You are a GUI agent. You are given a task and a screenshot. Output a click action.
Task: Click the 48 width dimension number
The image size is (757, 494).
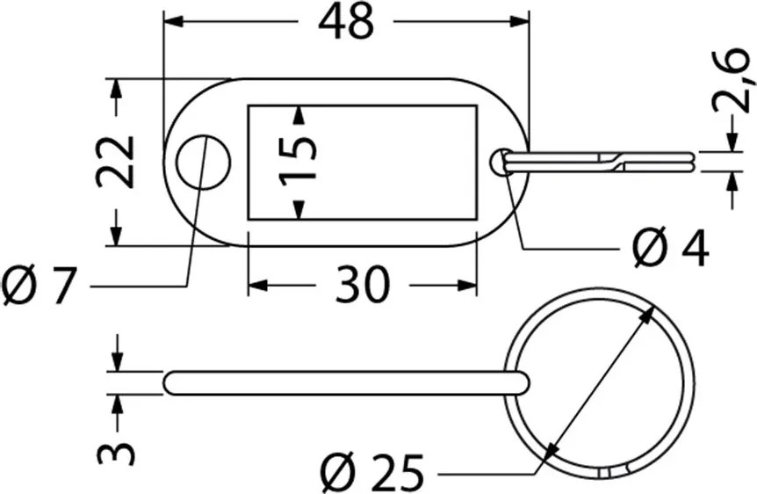[346, 22]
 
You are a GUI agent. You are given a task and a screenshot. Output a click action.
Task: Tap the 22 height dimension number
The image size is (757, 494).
[115, 162]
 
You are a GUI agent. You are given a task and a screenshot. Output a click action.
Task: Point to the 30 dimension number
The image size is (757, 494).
[362, 284]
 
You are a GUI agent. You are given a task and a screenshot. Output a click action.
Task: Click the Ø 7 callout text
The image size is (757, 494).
[40, 287]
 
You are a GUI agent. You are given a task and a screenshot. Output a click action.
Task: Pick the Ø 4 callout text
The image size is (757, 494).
[671, 249]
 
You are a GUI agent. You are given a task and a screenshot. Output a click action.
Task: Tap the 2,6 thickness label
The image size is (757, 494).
[733, 79]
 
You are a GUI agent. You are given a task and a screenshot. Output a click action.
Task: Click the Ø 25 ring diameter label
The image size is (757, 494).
[372, 471]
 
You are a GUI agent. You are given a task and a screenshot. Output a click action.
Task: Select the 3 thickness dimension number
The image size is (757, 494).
[115, 447]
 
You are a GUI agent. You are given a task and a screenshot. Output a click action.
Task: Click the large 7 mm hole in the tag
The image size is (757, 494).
[203, 162]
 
